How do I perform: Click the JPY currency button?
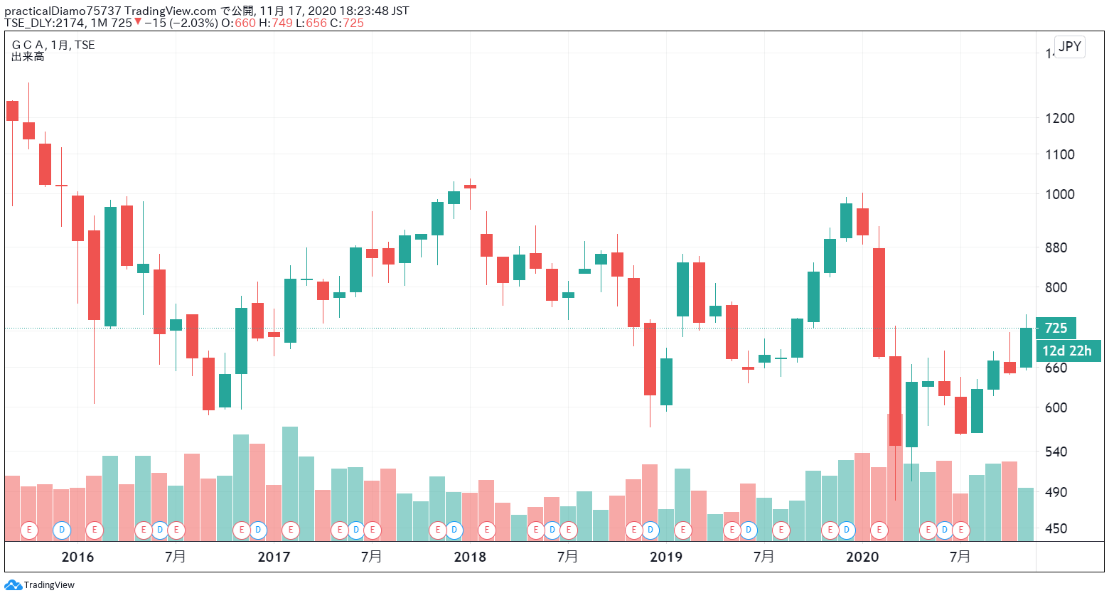click(1069, 47)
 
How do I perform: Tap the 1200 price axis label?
click(1059, 118)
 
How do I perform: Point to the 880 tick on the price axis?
click(1056, 247)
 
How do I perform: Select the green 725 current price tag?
click(1056, 328)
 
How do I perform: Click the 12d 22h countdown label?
click(1066, 351)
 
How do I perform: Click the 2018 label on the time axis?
click(470, 557)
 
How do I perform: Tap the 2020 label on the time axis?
click(862, 557)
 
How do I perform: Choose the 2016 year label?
click(77, 557)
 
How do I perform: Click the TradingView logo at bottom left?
click(40, 585)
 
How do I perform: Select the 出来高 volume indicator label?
click(28, 57)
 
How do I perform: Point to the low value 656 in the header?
click(316, 23)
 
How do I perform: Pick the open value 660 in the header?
click(245, 23)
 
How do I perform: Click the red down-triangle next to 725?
click(138, 22)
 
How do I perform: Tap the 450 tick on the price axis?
click(1056, 528)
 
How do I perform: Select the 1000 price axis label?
click(1059, 194)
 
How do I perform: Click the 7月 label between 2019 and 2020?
click(764, 557)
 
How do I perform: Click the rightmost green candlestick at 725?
click(1026, 348)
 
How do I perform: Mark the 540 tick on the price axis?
click(1056, 452)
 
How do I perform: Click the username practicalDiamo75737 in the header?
click(63, 11)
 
